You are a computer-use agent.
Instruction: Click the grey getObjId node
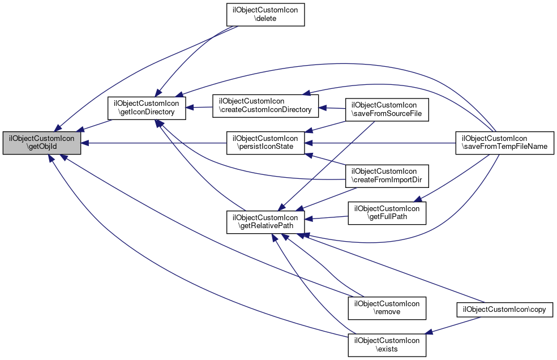(41, 143)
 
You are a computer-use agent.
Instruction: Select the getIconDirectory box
(147, 108)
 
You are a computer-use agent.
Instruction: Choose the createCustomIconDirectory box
(265, 105)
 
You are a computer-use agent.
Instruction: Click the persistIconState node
(265, 143)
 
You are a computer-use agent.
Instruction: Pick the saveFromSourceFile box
(387, 109)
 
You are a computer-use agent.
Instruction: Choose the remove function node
(387, 307)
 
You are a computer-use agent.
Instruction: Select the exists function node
(387, 345)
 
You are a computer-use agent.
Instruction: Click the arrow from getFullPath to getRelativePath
(327, 217)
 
